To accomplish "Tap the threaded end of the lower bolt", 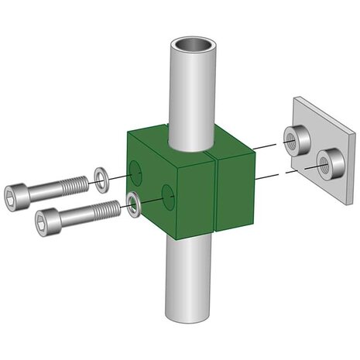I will tap(108, 207).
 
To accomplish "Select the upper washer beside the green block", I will tap(101, 177).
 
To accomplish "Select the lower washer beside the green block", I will tap(133, 202).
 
